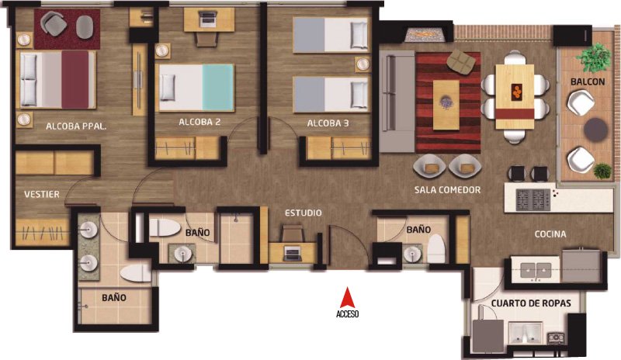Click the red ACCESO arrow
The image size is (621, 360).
[347, 297]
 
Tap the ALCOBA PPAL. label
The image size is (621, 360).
[76, 126]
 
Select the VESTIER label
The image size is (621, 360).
[42, 195]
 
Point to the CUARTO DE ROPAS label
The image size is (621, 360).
[531, 303]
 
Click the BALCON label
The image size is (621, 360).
[588, 82]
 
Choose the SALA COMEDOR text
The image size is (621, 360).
[448, 190]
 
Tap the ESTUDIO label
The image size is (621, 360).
[304, 213]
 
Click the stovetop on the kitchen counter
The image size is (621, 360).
[533, 200]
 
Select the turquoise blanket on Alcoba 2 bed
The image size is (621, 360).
[218, 88]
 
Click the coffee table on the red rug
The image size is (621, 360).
[446, 105]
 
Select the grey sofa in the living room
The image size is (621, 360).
[397, 102]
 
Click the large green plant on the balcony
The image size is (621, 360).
[594, 57]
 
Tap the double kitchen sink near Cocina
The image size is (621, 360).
[535, 271]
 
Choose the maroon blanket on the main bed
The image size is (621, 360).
[75, 79]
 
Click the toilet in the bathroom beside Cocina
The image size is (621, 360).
[436, 249]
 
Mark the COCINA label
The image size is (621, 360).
[550, 234]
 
